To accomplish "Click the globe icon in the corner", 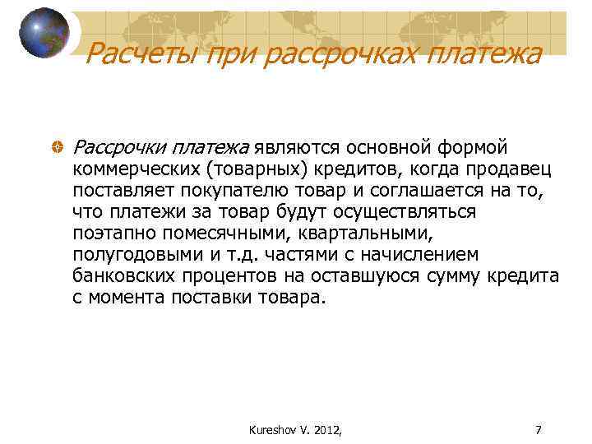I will click(x=44, y=33).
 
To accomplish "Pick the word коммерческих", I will click(x=136, y=169).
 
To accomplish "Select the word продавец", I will click(x=516, y=169).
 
